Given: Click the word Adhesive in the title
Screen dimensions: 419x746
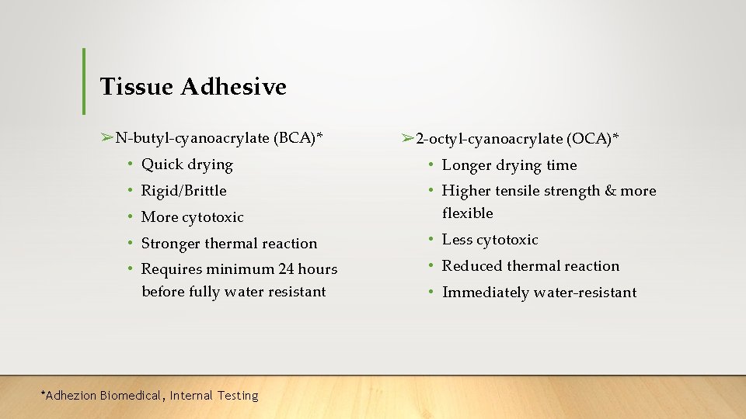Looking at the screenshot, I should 233,87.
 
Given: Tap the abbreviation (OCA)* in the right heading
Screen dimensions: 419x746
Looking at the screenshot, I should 593,139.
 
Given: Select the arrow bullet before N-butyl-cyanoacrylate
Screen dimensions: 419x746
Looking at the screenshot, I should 107,138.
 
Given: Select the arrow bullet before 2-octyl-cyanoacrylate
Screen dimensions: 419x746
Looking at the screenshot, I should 408,139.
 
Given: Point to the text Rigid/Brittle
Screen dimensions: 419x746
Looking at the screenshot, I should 183,191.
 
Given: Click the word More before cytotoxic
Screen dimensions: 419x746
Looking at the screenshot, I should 160,217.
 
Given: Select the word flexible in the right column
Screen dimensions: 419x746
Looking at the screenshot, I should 467,213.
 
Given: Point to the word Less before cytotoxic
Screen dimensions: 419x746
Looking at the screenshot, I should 457,240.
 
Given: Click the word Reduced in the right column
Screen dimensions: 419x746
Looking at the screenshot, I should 472,266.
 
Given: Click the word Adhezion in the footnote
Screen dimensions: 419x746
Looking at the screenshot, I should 71,396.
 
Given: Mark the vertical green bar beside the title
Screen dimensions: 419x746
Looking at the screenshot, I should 83,81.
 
